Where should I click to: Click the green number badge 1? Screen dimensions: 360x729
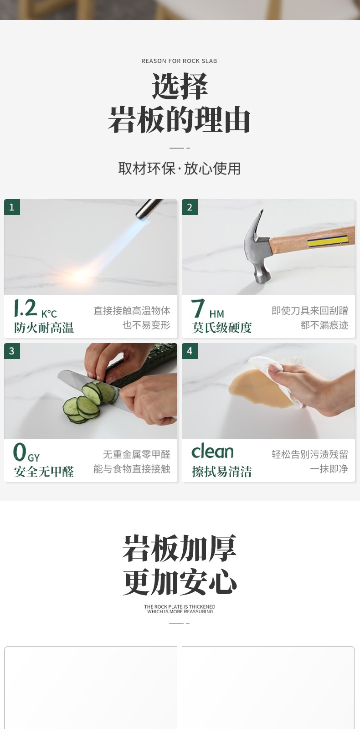click(12, 207)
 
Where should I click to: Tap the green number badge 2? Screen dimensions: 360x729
click(190, 207)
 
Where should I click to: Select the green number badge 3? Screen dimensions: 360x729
click(12, 351)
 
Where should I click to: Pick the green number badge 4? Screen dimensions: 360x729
click(190, 351)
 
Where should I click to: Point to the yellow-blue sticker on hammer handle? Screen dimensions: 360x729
click(328, 241)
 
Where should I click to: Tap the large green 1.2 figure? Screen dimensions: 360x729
click(26, 308)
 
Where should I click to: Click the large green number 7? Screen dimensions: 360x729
click(198, 308)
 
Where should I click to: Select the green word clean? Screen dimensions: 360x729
click(212, 451)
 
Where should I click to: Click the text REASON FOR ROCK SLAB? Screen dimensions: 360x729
click(180, 61)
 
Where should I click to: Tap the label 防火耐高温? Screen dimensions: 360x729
click(44, 328)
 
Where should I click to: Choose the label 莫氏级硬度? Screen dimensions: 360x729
click(221, 328)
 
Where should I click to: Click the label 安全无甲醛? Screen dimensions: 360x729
click(44, 472)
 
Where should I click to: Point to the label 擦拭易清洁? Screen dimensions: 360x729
click(221, 472)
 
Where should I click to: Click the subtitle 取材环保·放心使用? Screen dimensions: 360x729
click(180, 169)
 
